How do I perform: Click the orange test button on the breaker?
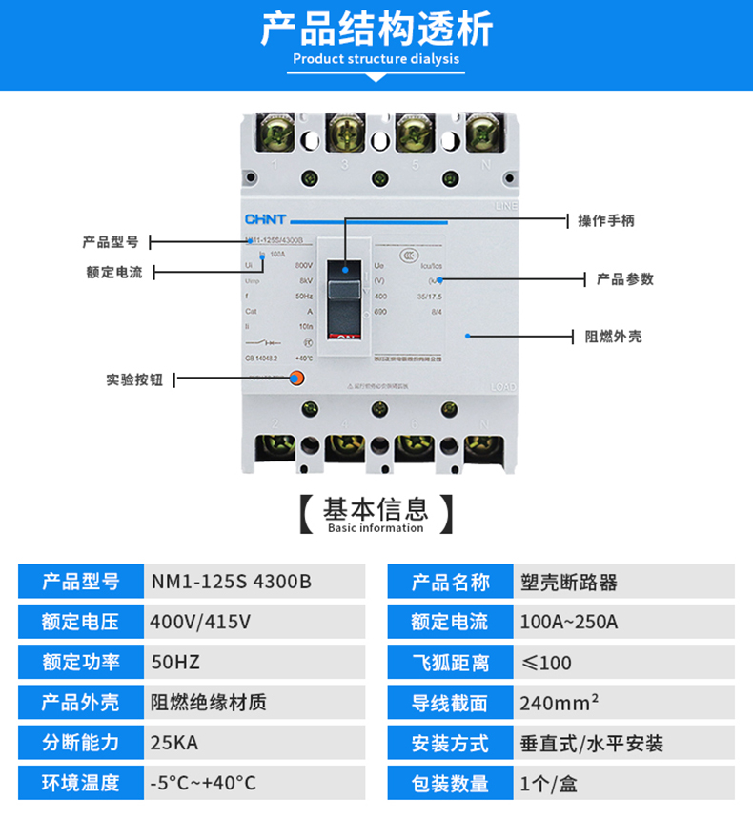click(x=295, y=379)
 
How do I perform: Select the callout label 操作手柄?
click(x=606, y=220)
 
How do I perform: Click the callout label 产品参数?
click(x=625, y=279)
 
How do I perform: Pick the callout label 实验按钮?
click(x=134, y=379)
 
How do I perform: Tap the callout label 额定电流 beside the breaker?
click(x=113, y=273)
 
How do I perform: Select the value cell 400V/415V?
click(x=201, y=622)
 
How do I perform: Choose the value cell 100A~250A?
click(x=569, y=622)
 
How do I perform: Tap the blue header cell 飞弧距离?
click(x=450, y=662)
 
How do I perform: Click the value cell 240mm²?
click(x=560, y=703)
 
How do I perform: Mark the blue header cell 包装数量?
click(x=450, y=783)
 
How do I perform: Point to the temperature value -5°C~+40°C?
click(x=204, y=783)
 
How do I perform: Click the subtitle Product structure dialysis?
click(x=376, y=59)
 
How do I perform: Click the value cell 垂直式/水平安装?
click(x=591, y=743)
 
